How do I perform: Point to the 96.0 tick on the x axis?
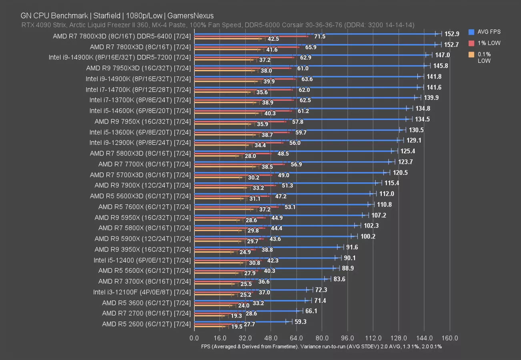click(x=347, y=338)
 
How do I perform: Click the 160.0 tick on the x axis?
click(x=450, y=338)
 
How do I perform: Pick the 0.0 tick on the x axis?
click(x=194, y=338)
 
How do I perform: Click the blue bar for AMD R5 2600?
click(x=240, y=321)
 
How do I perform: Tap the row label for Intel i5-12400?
click(x=142, y=260)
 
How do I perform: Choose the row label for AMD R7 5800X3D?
click(x=140, y=153)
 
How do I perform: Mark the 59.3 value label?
click(x=299, y=321)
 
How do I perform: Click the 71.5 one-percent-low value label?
click(x=320, y=36)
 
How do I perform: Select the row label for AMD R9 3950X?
click(x=142, y=249)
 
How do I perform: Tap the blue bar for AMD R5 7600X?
click(x=282, y=204)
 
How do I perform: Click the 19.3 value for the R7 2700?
click(x=237, y=316)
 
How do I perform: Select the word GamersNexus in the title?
click(x=191, y=16)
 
